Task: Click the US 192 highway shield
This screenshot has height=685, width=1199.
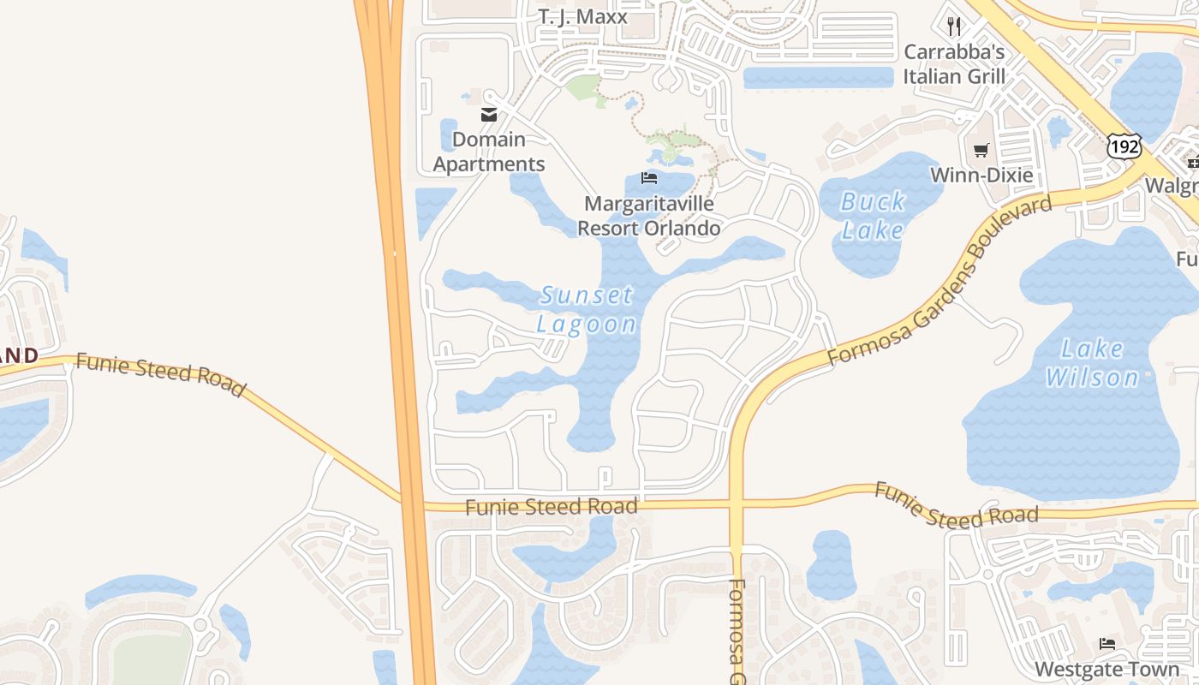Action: (1124, 146)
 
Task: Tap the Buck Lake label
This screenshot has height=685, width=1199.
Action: (873, 216)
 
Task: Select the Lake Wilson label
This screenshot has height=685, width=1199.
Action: (1092, 363)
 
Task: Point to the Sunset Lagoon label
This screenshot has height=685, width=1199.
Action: (587, 310)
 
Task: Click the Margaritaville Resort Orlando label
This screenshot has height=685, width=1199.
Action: (648, 216)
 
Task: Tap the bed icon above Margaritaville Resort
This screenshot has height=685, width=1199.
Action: (649, 178)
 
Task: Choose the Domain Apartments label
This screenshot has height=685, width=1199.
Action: (489, 152)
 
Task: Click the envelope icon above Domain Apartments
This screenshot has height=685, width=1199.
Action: (489, 115)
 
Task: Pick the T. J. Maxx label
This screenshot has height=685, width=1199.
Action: (582, 16)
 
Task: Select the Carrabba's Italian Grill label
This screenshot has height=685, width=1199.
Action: (954, 63)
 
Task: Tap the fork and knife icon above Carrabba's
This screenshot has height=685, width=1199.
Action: (954, 27)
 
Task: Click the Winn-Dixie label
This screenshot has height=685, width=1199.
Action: (981, 176)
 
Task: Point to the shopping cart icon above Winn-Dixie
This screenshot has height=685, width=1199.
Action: (981, 151)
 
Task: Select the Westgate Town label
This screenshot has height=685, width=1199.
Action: (1107, 669)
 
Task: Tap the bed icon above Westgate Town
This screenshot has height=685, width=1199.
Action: (1107, 644)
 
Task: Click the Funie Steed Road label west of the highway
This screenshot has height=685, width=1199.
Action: (160, 374)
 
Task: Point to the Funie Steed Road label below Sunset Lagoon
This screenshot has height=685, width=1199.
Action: (552, 507)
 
